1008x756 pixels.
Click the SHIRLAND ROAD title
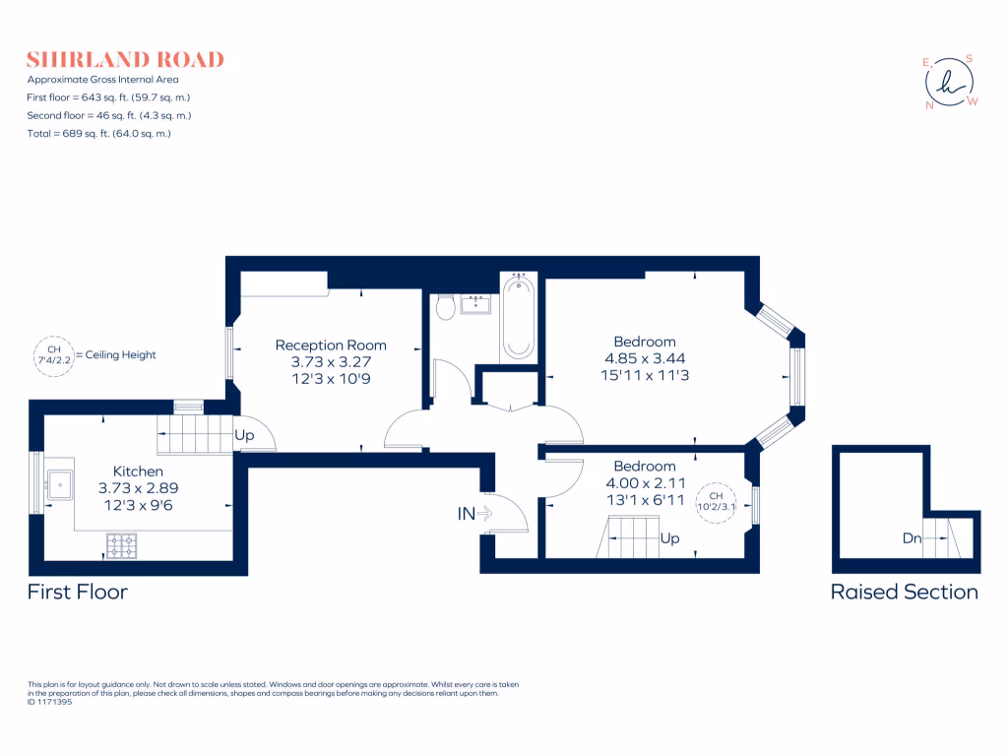tap(125, 59)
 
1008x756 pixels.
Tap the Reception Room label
tap(331, 346)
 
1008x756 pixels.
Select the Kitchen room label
tap(138, 472)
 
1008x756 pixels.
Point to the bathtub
tap(518, 317)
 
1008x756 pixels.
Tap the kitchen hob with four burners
tap(121, 544)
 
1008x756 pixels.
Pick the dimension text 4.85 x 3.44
tap(645, 358)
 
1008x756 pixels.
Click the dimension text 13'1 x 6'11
tap(645, 499)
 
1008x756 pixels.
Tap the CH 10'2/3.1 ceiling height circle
tap(716, 501)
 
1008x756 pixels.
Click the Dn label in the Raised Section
tap(912, 538)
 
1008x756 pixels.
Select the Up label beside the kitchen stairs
tap(243, 435)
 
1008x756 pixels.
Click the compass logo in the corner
tap(951, 83)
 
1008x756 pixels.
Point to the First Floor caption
tap(77, 592)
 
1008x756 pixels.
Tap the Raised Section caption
tap(904, 592)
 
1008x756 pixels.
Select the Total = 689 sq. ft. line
tap(99, 133)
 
